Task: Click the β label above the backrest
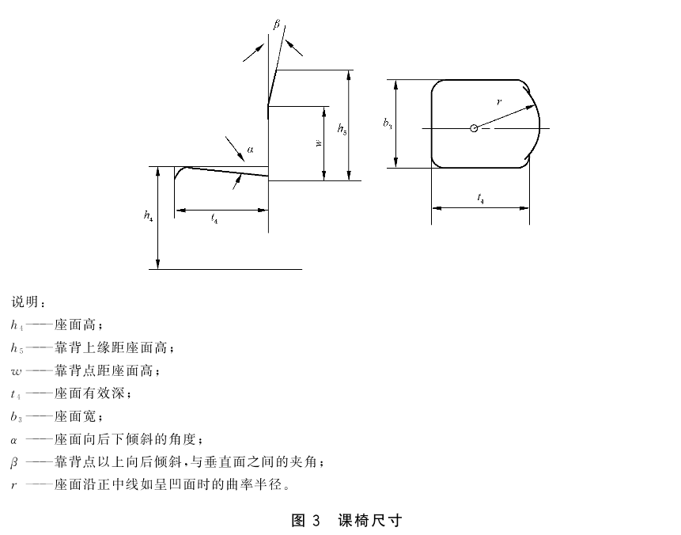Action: tap(277, 25)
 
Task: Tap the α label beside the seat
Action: tap(250, 150)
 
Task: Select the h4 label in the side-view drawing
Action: tap(148, 215)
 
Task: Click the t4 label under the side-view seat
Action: tap(214, 218)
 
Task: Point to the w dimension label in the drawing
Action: tap(319, 143)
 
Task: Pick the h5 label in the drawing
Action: tap(342, 129)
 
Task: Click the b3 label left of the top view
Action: tap(388, 124)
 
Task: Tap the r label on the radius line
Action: tap(499, 102)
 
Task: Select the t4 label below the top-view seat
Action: tap(480, 198)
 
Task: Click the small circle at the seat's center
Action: tap(474, 128)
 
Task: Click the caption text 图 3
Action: tap(305, 520)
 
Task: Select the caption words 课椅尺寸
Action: tap(370, 520)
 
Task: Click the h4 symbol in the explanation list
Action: tap(17, 325)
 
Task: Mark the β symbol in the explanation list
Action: tap(14, 462)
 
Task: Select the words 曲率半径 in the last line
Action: tap(254, 484)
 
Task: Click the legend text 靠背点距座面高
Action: tap(104, 370)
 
